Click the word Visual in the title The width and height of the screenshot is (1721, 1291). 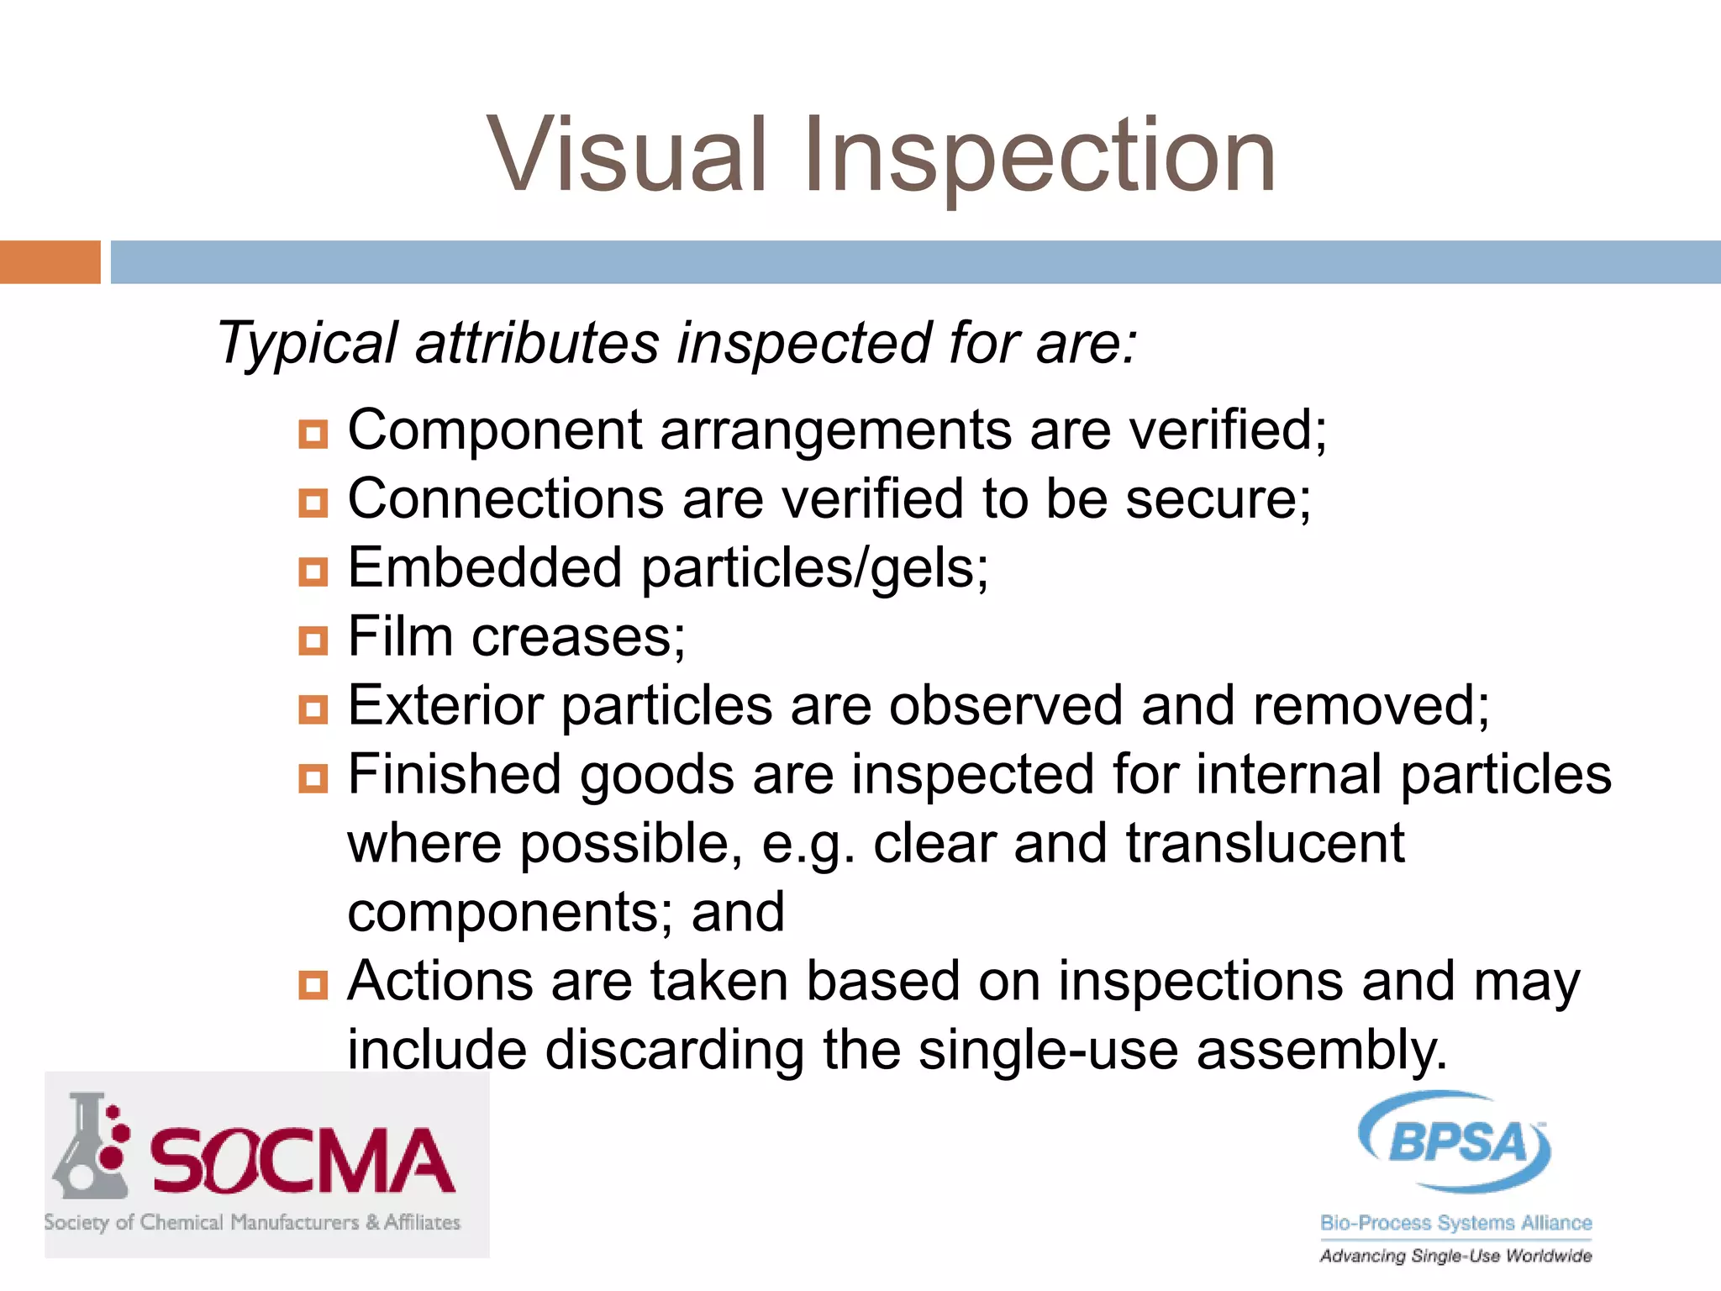[x=627, y=156]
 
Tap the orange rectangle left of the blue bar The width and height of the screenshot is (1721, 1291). [x=50, y=262]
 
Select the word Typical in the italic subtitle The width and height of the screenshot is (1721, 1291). [x=307, y=344]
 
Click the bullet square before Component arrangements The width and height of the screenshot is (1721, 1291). [x=313, y=435]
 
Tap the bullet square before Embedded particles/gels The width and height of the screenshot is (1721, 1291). [x=313, y=572]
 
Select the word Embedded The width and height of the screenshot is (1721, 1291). [x=485, y=568]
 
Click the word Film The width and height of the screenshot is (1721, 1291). [x=400, y=637]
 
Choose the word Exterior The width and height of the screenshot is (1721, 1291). [x=445, y=706]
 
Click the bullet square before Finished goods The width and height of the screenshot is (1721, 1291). [x=313, y=778]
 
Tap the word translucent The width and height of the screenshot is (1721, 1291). [x=1265, y=844]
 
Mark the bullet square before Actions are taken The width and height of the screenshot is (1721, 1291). [x=313, y=984]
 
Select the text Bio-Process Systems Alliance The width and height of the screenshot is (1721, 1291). [x=1455, y=1223]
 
